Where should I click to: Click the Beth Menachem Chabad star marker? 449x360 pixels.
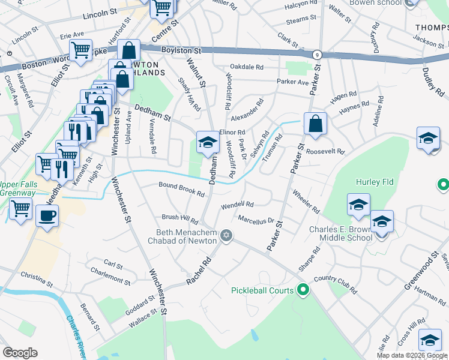pos(226,235)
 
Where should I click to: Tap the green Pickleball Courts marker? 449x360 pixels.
pos(303,290)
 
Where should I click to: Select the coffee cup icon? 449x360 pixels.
pos(47,215)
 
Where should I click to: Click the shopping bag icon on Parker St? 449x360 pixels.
pos(315,124)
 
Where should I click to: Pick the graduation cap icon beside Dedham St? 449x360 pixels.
pos(207,143)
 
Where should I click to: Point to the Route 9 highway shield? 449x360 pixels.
pos(316,55)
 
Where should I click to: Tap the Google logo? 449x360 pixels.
pos(20,353)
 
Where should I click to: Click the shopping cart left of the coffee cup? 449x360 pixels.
pos(20,210)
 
